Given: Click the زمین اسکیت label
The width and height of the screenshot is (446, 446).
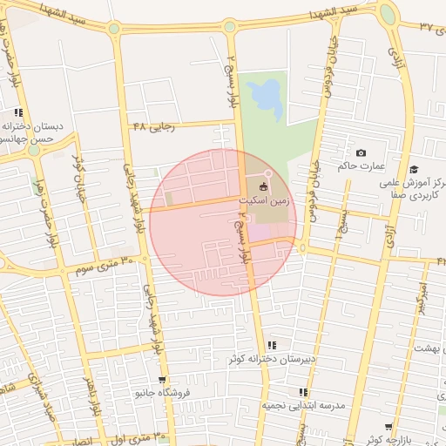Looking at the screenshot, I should [263, 200].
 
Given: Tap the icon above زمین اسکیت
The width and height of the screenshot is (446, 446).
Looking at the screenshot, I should [263, 187].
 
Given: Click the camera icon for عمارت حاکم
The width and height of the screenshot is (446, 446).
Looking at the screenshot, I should [362, 153].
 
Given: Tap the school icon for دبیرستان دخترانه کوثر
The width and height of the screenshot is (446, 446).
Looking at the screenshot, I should [273, 346].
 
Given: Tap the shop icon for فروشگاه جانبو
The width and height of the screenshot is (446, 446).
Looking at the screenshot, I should [163, 380].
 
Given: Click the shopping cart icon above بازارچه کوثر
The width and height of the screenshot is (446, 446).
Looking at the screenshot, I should [400, 428].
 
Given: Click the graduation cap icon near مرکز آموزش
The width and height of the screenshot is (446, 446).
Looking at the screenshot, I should [414, 169].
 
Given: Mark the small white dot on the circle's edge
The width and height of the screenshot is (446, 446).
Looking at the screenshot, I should [268, 175].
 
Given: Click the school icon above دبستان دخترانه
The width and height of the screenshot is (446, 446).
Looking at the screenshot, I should [18, 113].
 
